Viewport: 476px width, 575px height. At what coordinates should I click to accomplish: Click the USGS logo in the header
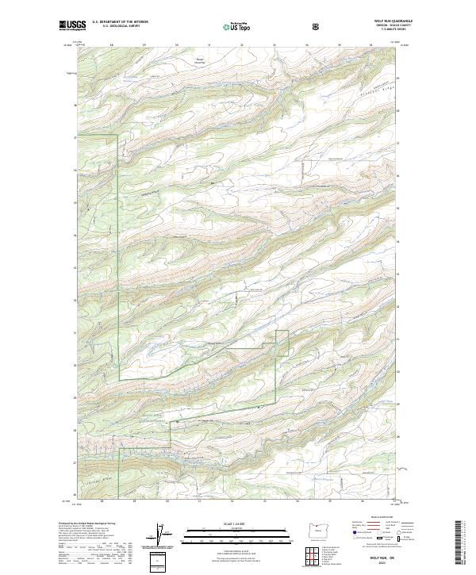[72, 26]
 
